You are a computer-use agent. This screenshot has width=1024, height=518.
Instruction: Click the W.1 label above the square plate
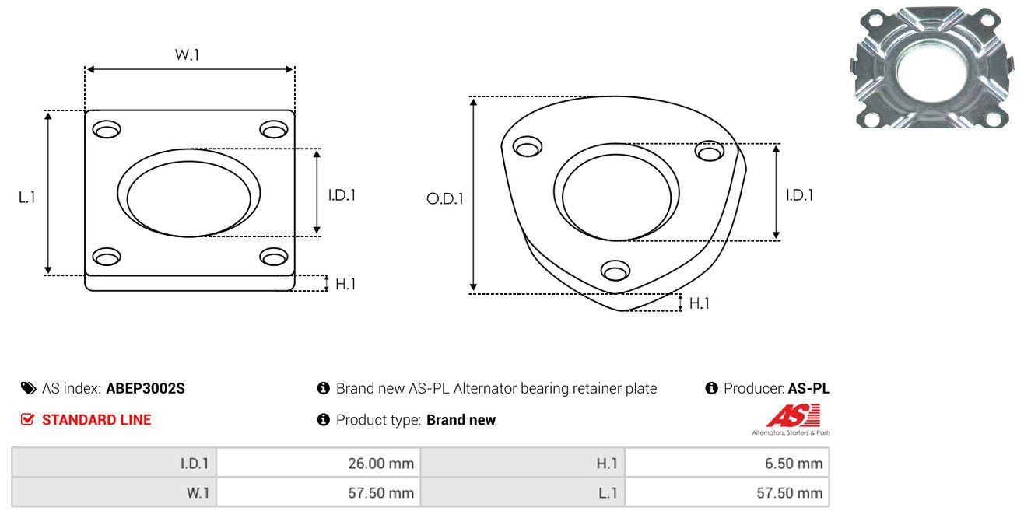[187, 54]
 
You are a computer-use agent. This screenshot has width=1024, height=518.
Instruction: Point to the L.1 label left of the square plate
[27, 198]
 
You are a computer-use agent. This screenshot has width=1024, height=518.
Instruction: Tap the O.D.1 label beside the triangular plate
[445, 198]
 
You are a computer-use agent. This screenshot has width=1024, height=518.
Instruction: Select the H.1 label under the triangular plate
[699, 303]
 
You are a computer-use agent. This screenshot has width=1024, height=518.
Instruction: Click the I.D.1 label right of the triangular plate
[800, 195]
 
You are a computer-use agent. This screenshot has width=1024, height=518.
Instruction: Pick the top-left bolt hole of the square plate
[107, 129]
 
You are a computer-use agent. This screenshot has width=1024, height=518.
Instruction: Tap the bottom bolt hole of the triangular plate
[615, 271]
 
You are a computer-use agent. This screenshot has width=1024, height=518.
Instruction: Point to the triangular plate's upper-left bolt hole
[528, 146]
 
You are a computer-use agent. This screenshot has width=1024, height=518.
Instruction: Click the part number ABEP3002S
[146, 388]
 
